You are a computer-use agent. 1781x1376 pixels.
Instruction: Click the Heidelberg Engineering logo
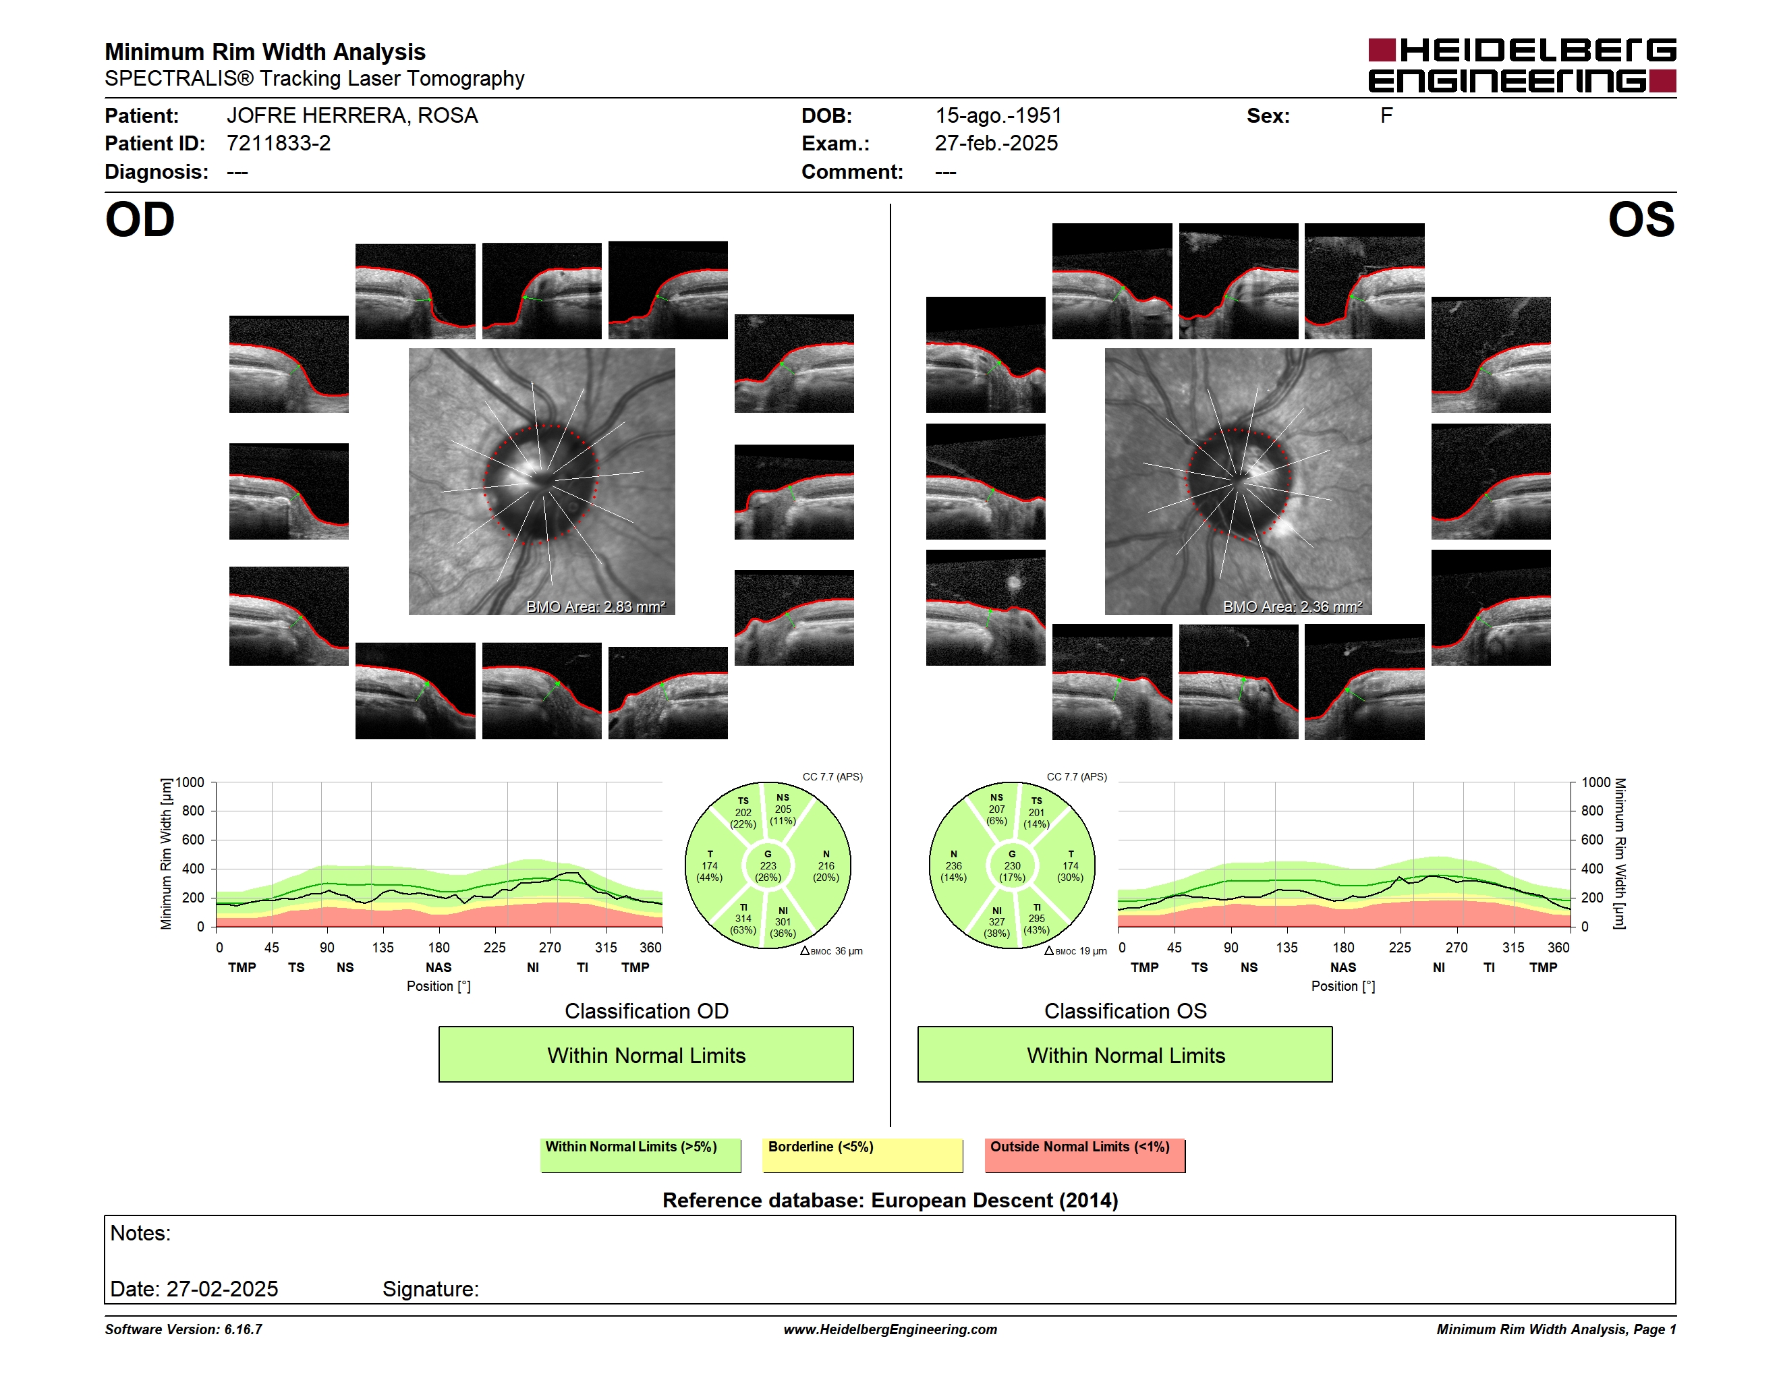pyautogui.click(x=1522, y=65)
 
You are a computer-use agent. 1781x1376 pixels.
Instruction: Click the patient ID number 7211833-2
pyautogui.click(x=278, y=144)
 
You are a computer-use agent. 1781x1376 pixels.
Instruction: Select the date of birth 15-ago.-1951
pyautogui.click(x=998, y=116)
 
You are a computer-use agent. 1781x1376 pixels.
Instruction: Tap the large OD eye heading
pyautogui.click(x=140, y=220)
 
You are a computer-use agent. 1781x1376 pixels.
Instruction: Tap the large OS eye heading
pyautogui.click(x=1641, y=220)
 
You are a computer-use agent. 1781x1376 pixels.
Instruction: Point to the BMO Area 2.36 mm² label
pyautogui.click(x=1292, y=606)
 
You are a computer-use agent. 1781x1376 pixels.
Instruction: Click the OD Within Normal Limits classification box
pyautogui.click(x=646, y=1054)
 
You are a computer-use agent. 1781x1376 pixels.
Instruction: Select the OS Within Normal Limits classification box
pyautogui.click(x=1125, y=1054)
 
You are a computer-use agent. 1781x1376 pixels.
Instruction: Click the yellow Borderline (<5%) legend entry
pyautogui.click(x=863, y=1155)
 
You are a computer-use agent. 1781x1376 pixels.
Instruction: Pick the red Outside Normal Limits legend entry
pyautogui.click(x=1085, y=1155)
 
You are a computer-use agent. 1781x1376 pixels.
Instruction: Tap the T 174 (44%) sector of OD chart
pyautogui.click(x=710, y=865)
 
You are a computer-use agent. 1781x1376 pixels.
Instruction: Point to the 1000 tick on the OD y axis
pyautogui.click(x=190, y=782)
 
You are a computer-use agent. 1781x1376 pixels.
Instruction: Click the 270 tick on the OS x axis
pyautogui.click(x=1457, y=947)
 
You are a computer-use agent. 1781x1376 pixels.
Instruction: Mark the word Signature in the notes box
pyautogui.click(x=430, y=1289)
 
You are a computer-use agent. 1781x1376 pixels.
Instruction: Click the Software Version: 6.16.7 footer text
pyautogui.click(x=183, y=1329)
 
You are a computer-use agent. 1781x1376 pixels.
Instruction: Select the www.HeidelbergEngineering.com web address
pyautogui.click(x=890, y=1329)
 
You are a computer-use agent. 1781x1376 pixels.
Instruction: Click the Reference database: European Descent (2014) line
pyautogui.click(x=890, y=1201)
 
